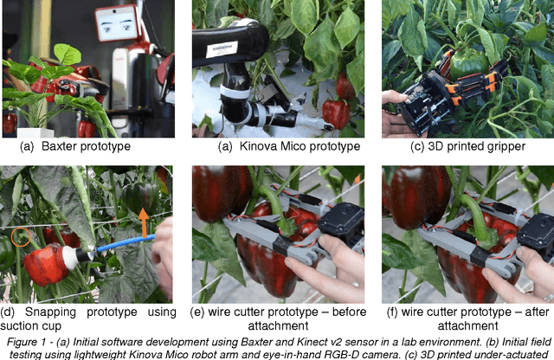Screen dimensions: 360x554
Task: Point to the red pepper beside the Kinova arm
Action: pyautogui.click(x=335, y=112)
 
